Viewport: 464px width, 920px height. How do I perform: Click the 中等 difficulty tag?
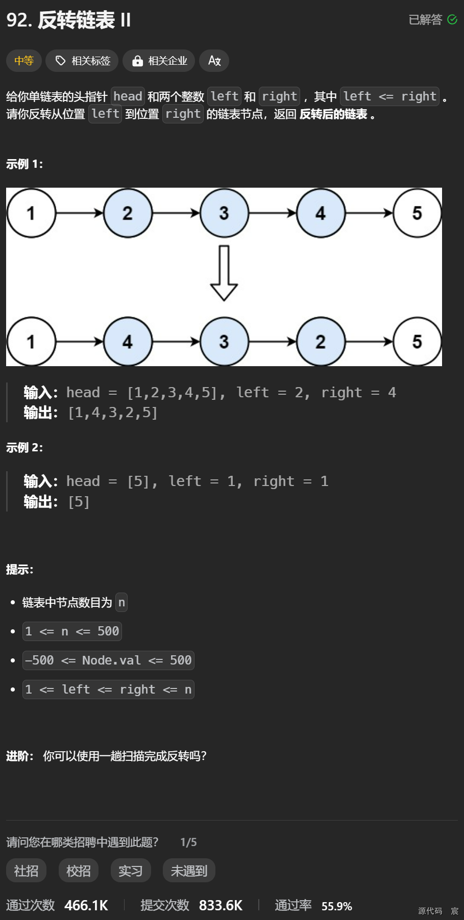point(24,61)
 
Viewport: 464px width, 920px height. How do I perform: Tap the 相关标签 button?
point(82,61)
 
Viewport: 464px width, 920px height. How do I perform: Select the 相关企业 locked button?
point(159,61)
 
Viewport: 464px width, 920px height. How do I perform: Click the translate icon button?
point(214,61)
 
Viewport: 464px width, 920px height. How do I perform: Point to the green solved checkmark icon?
point(452,19)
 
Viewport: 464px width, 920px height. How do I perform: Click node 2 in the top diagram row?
point(128,213)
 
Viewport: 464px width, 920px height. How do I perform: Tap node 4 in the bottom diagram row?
point(128,342)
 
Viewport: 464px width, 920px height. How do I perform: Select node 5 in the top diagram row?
point(417,213)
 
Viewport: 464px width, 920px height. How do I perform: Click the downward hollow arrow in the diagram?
point(224,273)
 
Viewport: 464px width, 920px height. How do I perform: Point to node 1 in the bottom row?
point(31,342)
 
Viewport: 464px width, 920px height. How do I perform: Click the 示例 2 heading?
point(25,448)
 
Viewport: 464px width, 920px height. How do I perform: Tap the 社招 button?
point(26,871)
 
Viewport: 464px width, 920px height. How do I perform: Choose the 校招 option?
point(79,871)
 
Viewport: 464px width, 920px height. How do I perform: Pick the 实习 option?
point(131,871)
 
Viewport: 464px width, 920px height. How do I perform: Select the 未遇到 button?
point(189,871)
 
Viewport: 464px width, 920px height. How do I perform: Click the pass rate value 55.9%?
point(336,906)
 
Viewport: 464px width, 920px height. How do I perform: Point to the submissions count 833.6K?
point(221,906)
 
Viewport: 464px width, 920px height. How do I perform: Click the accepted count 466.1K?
point(86,906)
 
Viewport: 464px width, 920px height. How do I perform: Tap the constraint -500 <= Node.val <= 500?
point(108,660)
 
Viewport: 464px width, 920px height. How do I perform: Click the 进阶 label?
point(19,756)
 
